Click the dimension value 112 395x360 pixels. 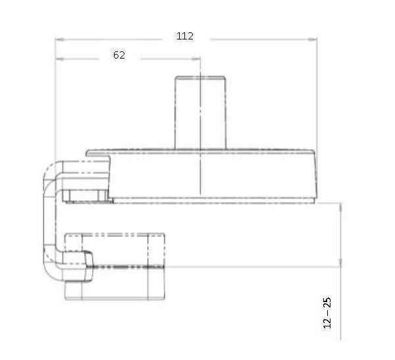pyautogui.click(x=184, y=36)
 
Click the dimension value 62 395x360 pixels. pyautogui.click(x=119, y=55)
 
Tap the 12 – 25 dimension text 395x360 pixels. pyautogui.click(x=327, y=313)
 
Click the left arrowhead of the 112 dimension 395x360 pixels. pyautogui.click(x=59, y=39)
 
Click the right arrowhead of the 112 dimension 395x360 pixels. pyautogui.click(x=313, y=39)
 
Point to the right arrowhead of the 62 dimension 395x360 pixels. pyautogui.click(x=196, y=59)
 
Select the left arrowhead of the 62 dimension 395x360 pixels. pyautogui.click(x=59, y=59)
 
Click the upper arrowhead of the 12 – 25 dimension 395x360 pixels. pyautogui.click(x=340, y=207)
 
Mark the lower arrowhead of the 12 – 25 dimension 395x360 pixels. pyautogui.click(x=340, y=262)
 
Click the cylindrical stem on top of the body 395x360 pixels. pyautogui.click(x=200, y=113)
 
